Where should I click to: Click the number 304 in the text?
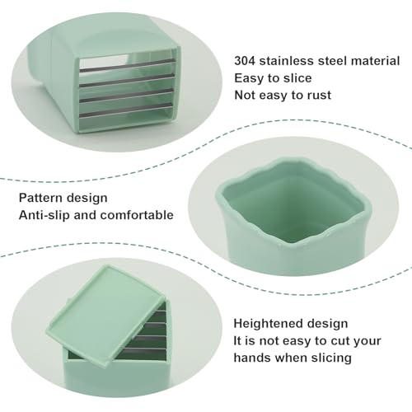245,61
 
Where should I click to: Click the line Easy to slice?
273,78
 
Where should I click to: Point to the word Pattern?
40,198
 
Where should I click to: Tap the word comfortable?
137,215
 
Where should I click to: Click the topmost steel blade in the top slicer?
127,66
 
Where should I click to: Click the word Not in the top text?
245,95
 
